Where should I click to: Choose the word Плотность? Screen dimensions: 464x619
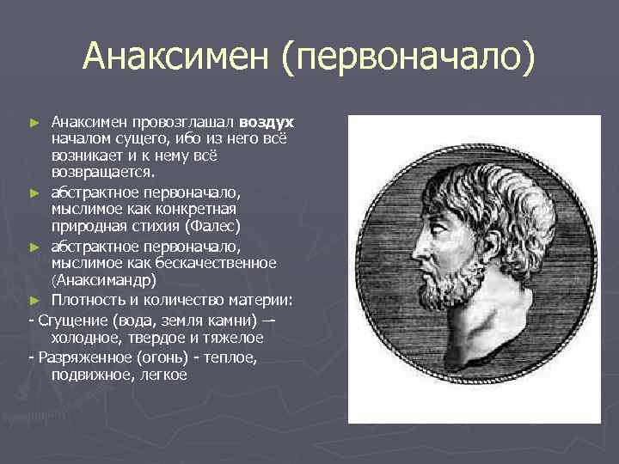(x=89, y=299)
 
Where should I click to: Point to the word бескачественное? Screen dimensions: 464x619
(x=221, y=263)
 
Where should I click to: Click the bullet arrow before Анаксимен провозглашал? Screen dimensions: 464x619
(x=34, y=124)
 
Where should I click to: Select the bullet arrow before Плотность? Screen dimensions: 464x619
(x=34, y=300)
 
